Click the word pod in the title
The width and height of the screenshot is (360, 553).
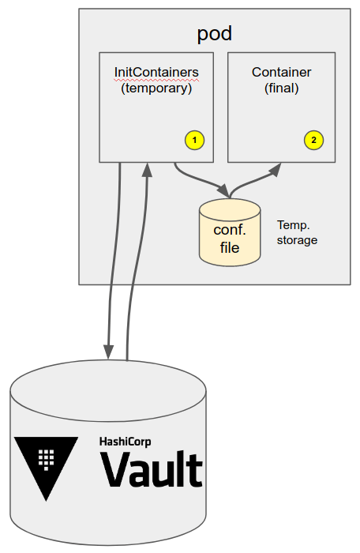215,33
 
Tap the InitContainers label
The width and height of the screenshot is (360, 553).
156,73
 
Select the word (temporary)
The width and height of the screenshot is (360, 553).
156,88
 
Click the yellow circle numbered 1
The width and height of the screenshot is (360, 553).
195,140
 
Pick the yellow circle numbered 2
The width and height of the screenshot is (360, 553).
313,140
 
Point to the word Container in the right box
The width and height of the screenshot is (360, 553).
281,73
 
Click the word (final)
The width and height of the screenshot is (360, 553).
281,88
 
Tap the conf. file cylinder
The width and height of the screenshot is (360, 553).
230,232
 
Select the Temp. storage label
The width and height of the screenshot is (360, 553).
297,232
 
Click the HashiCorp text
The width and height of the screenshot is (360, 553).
126,442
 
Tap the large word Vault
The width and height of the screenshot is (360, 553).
152,469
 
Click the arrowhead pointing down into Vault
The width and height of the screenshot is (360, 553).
109,352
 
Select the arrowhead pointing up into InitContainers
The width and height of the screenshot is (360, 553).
147,170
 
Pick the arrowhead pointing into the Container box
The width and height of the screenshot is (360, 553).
275,169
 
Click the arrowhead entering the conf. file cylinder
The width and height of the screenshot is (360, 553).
223,190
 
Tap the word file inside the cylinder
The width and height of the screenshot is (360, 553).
230,247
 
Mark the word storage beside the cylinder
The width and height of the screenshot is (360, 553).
297,240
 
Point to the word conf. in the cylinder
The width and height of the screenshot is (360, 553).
230,230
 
